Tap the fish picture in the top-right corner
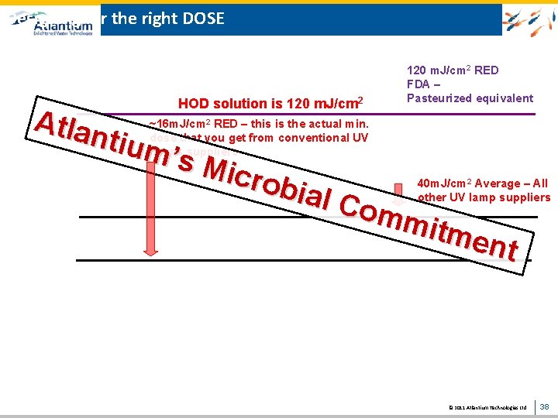tap(529, 19)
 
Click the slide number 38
tap(544, 406)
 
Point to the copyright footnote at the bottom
tap(487, 406)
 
